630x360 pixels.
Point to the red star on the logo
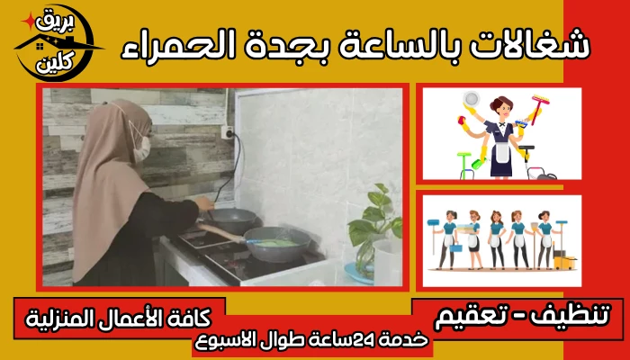pos(29,21)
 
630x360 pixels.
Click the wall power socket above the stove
pos(228,132)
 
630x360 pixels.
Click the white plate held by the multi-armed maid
pos(471,98)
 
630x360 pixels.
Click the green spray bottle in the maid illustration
pos(479,163)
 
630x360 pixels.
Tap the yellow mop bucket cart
pos(564,261)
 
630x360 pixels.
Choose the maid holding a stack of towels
pos(472,240)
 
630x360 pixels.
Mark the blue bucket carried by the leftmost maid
pos(455,247)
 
